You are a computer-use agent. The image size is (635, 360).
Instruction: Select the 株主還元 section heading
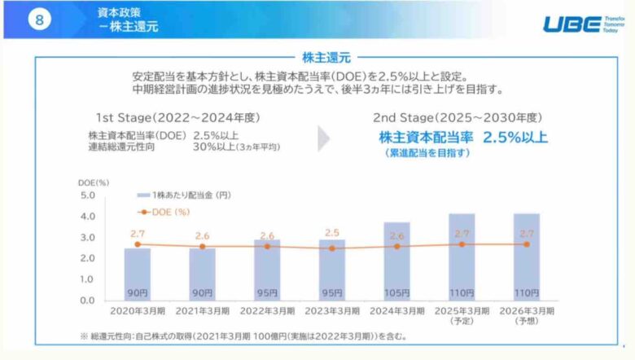(x=326, y=58)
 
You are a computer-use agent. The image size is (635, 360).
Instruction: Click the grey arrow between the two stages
(x=325, y=138)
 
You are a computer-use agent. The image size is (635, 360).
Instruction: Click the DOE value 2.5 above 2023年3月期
(x=332, y=233)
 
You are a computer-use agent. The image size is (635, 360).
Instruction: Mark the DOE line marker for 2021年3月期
(x=203, y=246)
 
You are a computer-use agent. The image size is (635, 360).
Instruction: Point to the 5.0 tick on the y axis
(x=88, y=195)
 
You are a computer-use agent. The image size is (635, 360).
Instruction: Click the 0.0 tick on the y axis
(x=88, y=301)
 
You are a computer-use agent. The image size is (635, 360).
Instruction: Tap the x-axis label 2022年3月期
(x=267, y=310)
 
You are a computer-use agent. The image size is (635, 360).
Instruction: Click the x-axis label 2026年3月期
(x=528, y=310)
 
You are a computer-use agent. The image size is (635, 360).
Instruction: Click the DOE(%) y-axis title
(x=94, y=182)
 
